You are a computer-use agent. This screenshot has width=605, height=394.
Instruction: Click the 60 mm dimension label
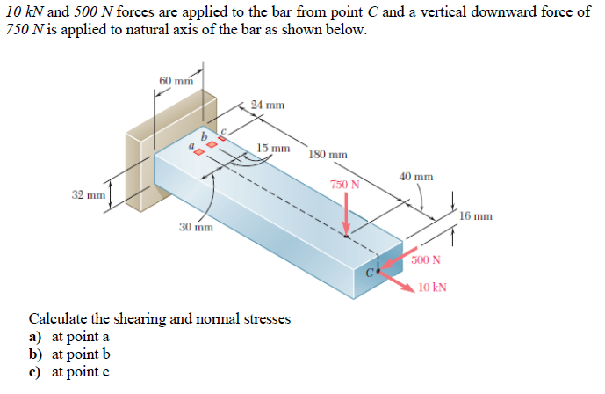176,81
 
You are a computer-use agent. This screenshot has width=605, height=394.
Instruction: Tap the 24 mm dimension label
268,106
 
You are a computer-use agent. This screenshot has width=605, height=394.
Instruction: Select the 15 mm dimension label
274,147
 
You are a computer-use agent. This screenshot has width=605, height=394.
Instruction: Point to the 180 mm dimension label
328,154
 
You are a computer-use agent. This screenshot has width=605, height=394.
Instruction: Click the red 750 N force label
345,184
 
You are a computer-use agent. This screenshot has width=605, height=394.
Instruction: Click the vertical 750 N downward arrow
347,215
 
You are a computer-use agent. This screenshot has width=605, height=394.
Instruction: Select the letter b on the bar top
205,136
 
